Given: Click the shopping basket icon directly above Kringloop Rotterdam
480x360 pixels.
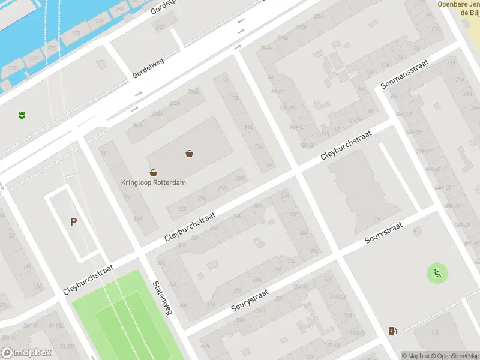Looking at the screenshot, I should (153, 172).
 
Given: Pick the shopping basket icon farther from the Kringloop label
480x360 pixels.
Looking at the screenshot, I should (190, 154).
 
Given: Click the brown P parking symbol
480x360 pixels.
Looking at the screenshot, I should (73, 221).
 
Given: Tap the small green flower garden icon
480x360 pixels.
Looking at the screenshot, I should (22, 114).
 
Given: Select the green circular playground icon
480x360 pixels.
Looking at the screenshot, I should (437, 274).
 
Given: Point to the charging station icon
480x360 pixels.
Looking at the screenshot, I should (392, 331).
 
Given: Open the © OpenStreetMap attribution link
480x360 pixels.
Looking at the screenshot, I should (455, 356).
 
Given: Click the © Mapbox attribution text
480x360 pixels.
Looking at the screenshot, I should (415, 356).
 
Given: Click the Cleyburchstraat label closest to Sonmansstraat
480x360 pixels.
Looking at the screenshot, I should (347, 145).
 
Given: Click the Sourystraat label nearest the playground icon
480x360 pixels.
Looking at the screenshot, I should (383, 232).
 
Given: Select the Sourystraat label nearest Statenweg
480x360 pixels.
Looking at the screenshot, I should (250, 304).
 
